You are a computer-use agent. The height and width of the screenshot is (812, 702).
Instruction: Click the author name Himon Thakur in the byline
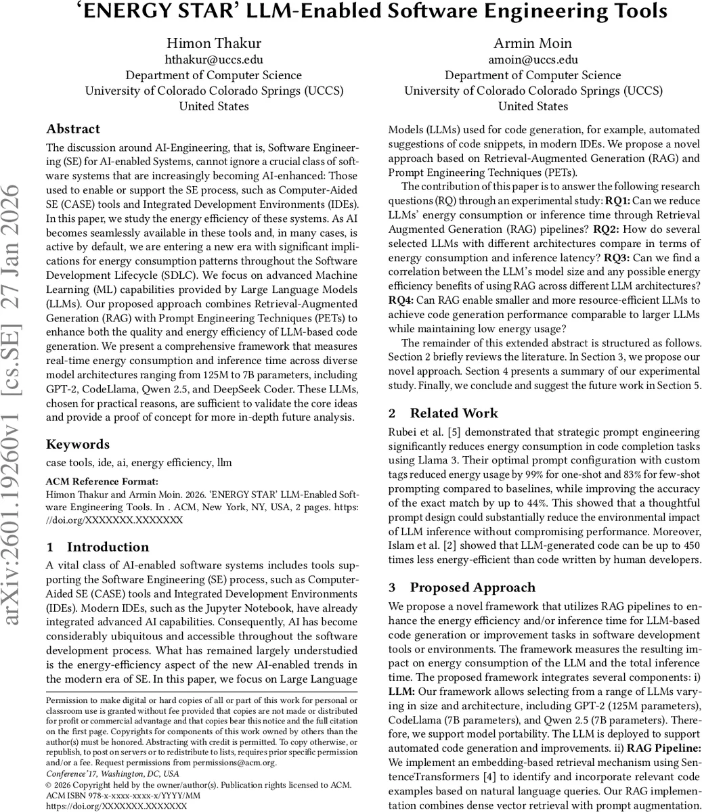click(x=214, y=43)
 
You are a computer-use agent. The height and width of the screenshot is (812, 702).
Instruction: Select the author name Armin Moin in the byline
click(x=533, y=43)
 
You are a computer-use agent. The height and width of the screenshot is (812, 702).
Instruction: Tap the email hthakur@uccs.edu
click(x=214, y=60)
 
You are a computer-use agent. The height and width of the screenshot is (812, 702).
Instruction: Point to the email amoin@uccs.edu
click(x=533, y=60)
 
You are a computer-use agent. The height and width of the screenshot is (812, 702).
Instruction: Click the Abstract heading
click(x=73, y=129)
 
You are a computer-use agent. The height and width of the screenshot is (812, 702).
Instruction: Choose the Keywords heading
click(x=78, y=445)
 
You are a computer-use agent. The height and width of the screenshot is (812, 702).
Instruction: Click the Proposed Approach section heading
click(x=473, y=587)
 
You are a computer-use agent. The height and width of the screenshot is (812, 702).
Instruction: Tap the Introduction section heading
click(x=108, y=547)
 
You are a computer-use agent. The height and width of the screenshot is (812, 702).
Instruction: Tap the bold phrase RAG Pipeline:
click(x=663, y=748)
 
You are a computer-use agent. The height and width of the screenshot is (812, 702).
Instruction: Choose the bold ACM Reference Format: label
click(x=102, y=482)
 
